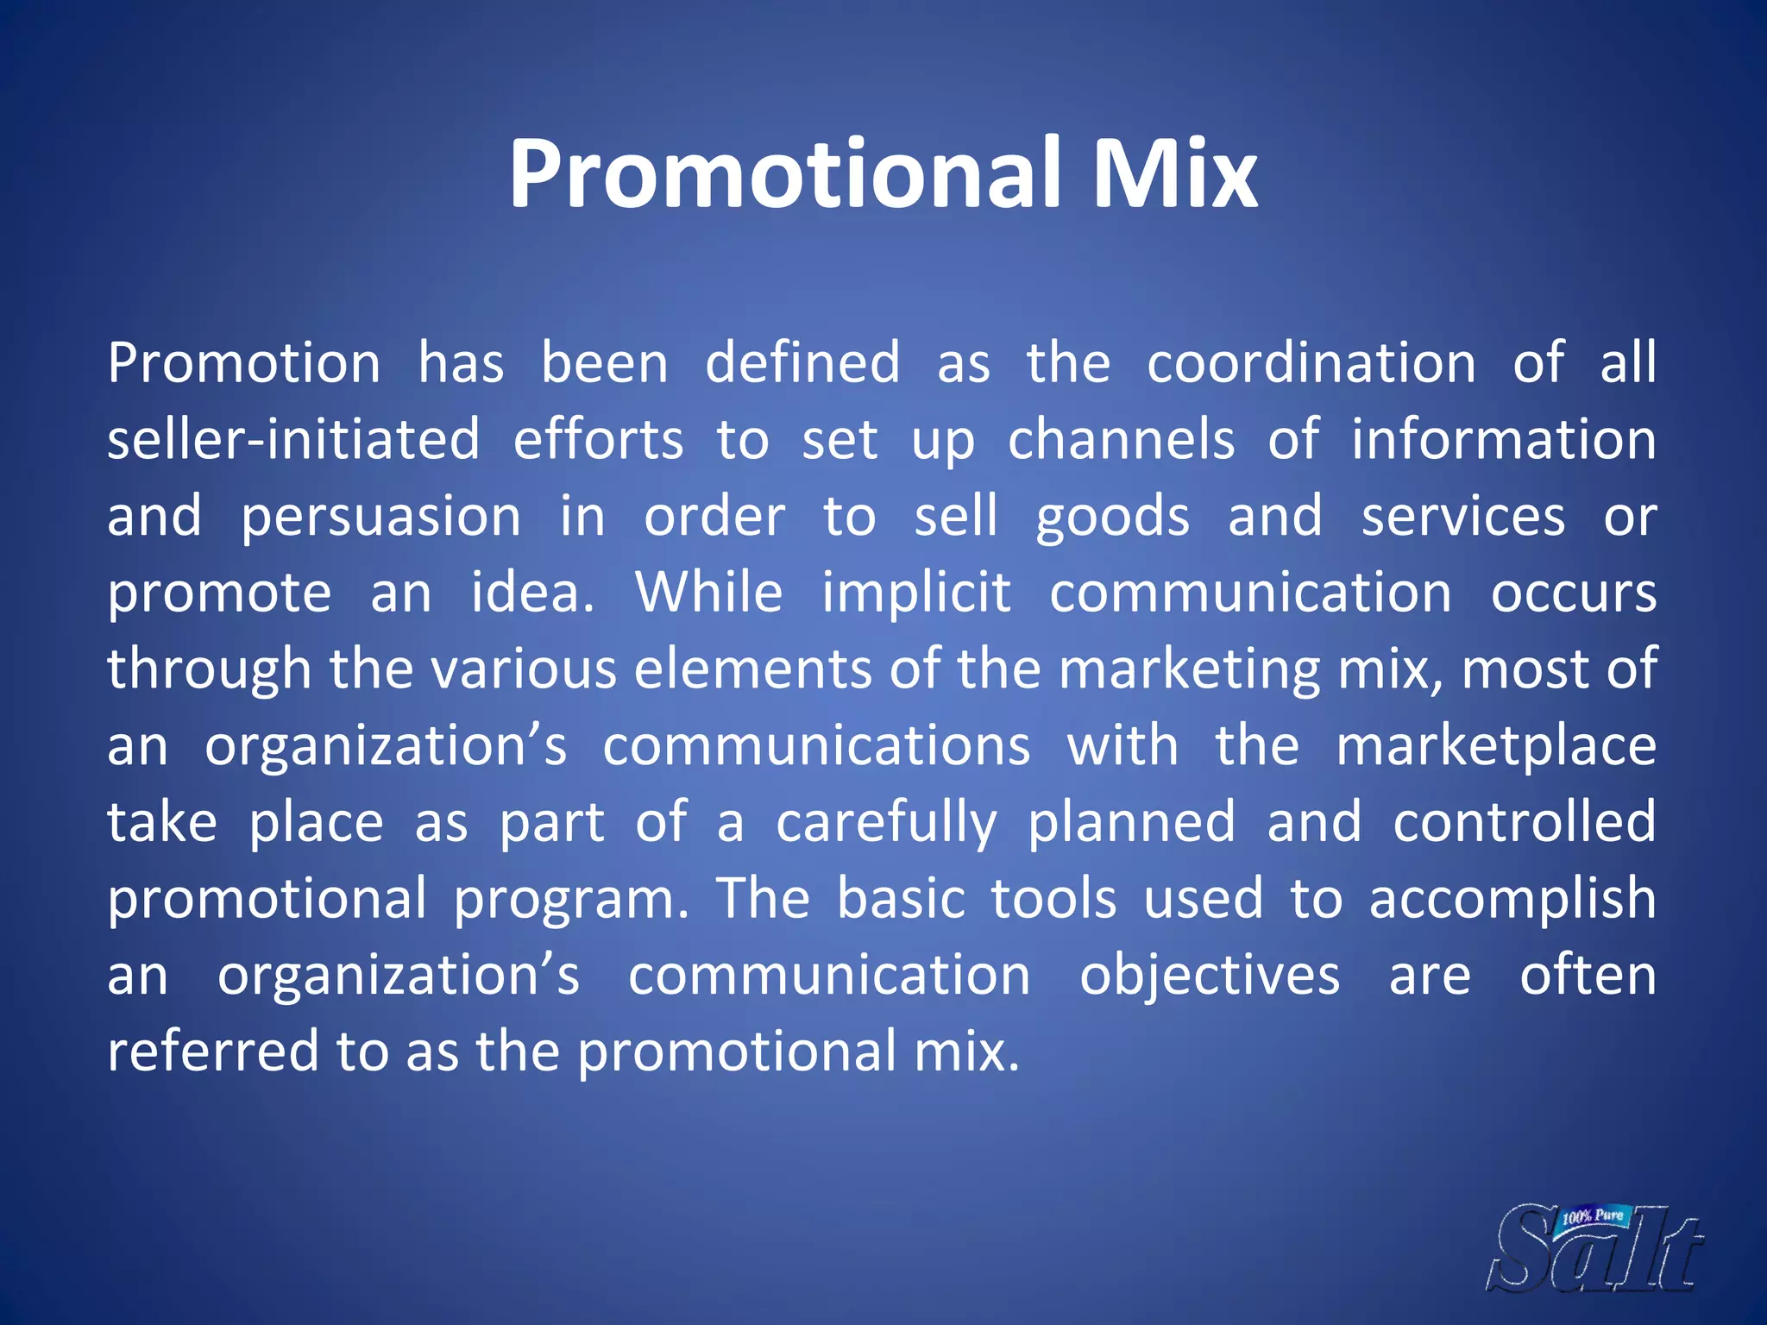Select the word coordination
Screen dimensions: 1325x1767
[x=1311, y=363]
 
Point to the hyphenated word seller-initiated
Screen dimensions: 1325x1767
[x=293, y=439]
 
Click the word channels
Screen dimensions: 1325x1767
[x=1121, y=439]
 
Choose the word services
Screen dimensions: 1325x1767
[x=1463, y=516]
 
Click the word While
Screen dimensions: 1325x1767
[x=709, y=593]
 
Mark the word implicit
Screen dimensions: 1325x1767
[x=916, y=593]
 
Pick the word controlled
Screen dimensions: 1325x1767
[x=1525, y=821]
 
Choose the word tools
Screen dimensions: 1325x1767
[x=1053, y=898]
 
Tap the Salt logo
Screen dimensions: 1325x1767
[x=1596, y=1251]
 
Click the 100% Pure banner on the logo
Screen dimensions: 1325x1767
[x=1594, y=1216]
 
